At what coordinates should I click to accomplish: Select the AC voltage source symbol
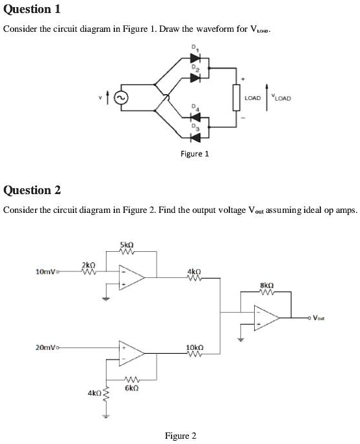click(x=120, y=98)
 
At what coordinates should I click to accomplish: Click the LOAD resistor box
click(x=237, y=97)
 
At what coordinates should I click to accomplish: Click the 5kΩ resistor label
click(x=127, y=245)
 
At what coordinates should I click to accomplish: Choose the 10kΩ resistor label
click(x=195, y=347)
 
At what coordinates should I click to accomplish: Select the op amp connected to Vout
click(x=267, y=317)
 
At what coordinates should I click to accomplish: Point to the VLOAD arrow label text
click(x=283, y=99)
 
